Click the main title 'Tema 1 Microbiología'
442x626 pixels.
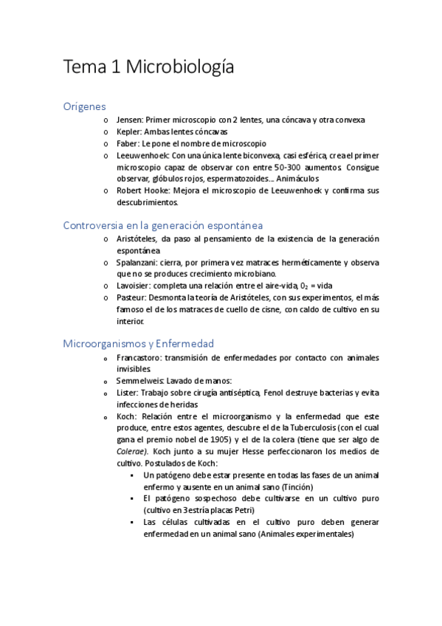pos(149,67)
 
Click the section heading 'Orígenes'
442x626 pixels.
pos(85,106)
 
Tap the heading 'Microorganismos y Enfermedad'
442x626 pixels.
pos(139,343)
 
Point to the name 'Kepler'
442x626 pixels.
pos(129,131)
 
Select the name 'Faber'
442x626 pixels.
pos(128,143)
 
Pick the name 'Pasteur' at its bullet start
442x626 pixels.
pos(132,297)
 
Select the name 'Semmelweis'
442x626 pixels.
pos(139,381)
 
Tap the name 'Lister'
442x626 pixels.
pos(127,393)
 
